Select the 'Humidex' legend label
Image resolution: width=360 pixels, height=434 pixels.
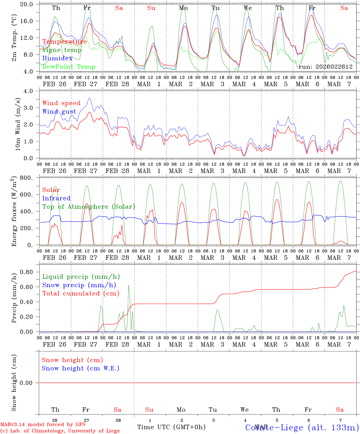(x=57, y=58)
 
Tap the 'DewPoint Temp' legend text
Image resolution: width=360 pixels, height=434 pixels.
(x=69, y=67)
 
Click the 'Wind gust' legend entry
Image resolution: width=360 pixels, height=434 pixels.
(x=59, y=112)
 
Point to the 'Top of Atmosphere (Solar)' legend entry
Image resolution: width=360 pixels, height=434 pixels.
(x=89, y=207)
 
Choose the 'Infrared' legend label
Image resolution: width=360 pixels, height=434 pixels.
(x=56, y=198)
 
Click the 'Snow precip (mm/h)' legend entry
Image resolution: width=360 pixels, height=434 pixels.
(x=79, y=285)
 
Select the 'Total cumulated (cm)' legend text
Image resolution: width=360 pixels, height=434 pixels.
(x=81, y=294)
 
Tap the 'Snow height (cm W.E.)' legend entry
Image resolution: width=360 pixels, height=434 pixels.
(x=81, y=368)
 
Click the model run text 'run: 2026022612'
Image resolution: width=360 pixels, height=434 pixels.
(x=325, y=67)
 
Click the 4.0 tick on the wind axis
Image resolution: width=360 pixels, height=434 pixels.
(x=29, y=91)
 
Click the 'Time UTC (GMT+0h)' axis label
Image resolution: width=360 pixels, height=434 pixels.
(x=171, y=427)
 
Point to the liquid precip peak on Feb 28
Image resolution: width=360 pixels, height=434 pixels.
(x=129, y=285)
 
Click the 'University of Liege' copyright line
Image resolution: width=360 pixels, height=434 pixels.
(x=60, y=431)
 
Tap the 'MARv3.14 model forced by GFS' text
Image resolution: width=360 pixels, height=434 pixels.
(x=43, y=424)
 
